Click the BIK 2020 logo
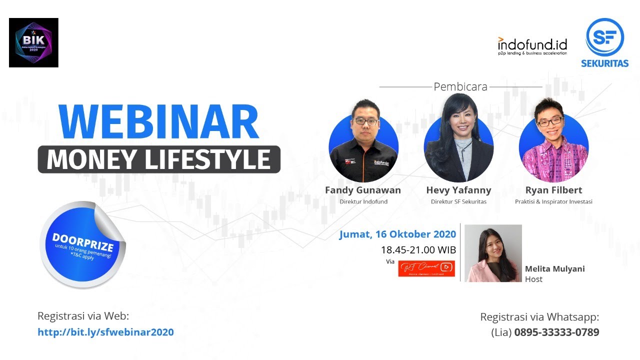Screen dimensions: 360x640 click(x=33, y=42)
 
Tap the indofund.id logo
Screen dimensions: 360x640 click(x=532, y=45)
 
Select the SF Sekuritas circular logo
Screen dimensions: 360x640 click(x=604, y=37)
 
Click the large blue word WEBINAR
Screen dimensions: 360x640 click(x=158, y=122)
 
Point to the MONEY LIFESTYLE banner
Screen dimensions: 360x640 click(x=158, y=159)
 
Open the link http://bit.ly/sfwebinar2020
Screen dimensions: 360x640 click(x=105, y=332)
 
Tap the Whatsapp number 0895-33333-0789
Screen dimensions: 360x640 click(x=556, y=332)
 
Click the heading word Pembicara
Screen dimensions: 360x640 click(x=460, y=86)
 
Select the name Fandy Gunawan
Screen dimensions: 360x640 click(x=363, y=190)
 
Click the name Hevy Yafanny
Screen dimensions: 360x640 click(x=458, y=190)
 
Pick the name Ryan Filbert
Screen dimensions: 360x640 click(x=553, y=190)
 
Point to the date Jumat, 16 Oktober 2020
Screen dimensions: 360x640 click(x=397, y=234)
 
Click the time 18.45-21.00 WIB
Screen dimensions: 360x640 click(x=418, y=249)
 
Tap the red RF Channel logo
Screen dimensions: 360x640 click(x=426, y=268)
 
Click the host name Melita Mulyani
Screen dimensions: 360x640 click(x=554, y=268)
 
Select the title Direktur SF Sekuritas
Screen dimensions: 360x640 click(x=458, y=202)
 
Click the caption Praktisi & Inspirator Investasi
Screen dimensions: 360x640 click(x=553, y=202)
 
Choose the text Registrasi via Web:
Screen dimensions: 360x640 click(x=83, y=316)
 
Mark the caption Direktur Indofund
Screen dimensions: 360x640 click(x=363, y=202)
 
